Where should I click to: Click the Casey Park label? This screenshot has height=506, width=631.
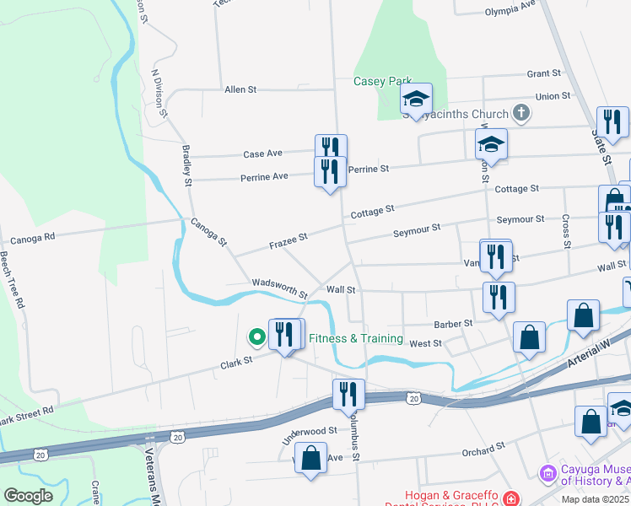pyautogui.click(x=382, y=82)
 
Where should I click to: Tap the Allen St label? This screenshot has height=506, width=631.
pyautogui.click(x=240, y=89)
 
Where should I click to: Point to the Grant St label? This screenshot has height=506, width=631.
pyautogui.click(x=543, y=74)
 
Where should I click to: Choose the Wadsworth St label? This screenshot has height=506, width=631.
pyautogui.click(x=279, y=288)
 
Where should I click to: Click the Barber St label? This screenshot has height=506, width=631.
pyautogui.click(x=454, y=323)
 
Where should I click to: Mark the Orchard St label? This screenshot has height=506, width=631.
pyautogui.click(x=483, y=452)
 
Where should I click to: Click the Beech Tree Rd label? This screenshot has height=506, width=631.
pyautogui.click(x=11, y=279)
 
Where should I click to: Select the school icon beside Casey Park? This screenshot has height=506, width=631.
pyautogui.click(x=416, y=100)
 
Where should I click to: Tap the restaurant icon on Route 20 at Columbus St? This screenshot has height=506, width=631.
pyautogui.click(x=348, y=393)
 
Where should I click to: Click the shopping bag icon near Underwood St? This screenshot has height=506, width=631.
pyautogui.click(x=311, y=459)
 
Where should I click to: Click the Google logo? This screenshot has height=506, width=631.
pyautogui.click(x=28, y=496)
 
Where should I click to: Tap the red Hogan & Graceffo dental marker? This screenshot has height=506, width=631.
pyautogui.click(x=511, y=498)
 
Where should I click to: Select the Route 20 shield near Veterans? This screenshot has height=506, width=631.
pyautogui.click(x=176, y=437)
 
